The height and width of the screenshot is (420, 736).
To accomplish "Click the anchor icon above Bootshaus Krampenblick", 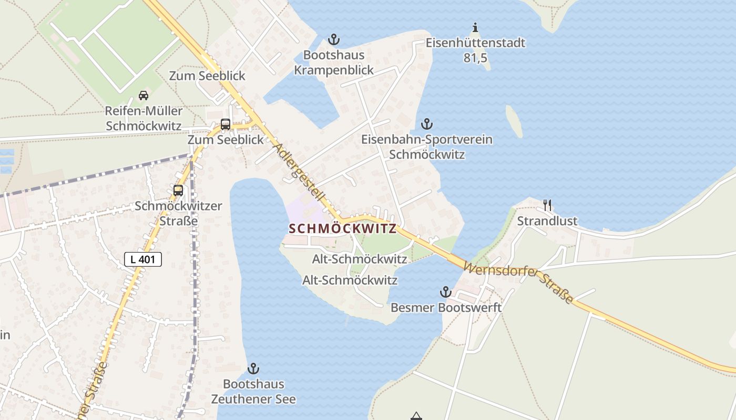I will [x=333, y=39].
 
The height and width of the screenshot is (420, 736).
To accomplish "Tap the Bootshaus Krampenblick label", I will [x=334, y=62].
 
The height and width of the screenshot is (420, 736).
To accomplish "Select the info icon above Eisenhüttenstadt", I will [x=475, y=27].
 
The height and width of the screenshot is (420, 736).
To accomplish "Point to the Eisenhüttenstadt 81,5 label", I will [x=475, y=50].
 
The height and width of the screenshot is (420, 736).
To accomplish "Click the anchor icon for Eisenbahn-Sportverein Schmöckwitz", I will [x=427, y=124].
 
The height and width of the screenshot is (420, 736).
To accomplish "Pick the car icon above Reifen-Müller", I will [x=143, y=96].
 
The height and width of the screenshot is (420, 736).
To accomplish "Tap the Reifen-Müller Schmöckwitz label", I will [x=144, y=119].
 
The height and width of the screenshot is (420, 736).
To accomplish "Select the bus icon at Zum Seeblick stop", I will [x=226, y=125].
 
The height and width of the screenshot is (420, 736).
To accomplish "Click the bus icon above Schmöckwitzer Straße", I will [x=178, y=191].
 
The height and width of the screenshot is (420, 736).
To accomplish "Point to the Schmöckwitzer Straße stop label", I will [x=178, y=213].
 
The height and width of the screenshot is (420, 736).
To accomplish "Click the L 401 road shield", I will [x=143, y=259].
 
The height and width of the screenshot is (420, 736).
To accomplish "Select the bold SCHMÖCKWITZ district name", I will [x=342, y=229].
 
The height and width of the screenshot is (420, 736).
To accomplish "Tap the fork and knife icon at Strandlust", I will [x=547, y=205].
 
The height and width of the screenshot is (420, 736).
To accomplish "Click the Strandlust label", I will [x=547, y=221].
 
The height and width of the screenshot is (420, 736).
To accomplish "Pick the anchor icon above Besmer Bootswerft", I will [x=446, y=292].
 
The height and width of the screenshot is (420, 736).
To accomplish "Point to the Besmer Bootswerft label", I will [x=446, y=308].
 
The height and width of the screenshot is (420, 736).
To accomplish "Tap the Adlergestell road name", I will [x=301, y=177].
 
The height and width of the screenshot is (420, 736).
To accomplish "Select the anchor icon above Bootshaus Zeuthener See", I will [x=253, y=369].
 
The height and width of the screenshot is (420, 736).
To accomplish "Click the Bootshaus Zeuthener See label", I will [x=253, y=392].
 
